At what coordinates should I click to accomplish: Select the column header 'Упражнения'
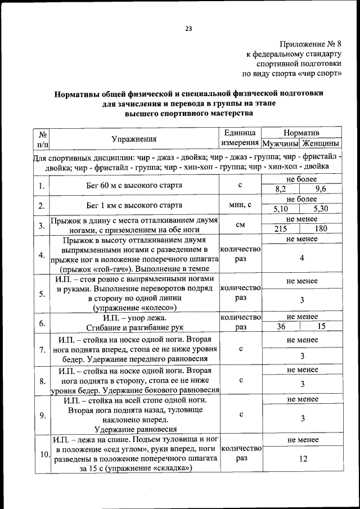tap(134, 139)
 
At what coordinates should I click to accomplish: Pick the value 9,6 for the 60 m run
tap(321, 189)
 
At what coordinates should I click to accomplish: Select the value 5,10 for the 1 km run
tap(280, 209)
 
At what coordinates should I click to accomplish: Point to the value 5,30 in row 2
tap(321, 209)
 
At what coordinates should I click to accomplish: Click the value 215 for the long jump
tap(280, 229)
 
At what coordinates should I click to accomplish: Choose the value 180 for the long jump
tap(321, 229)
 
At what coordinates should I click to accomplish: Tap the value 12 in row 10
tap(303, 459)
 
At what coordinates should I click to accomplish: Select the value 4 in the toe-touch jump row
tap(302, 258)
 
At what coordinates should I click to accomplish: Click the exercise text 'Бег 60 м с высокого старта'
tap(134, 184)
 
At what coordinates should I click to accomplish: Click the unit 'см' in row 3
tap(240, 224)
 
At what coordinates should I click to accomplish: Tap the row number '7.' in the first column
tap(42, 350)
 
